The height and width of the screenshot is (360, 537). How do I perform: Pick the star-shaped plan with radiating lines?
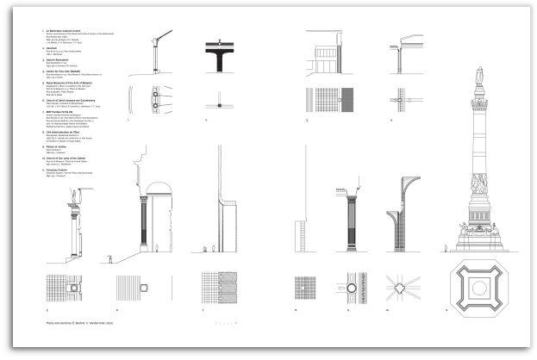(402, 289)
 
